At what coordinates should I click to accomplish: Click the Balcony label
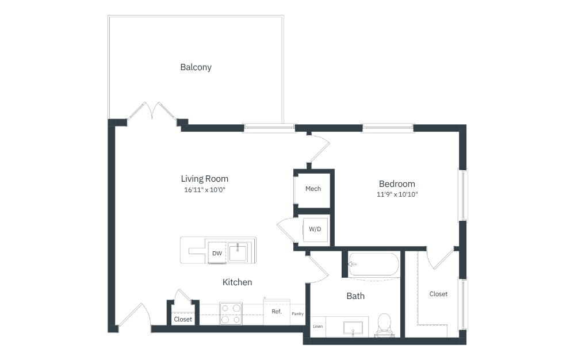click(x=196, y=67)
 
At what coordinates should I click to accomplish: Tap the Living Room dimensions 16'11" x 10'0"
click(x=205, y=190)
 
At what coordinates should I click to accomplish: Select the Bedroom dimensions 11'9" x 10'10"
click(x=397, y=194)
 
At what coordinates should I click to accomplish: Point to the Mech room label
click(x=313, y=189)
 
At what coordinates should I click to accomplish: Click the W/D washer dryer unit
click(x=315, y=229)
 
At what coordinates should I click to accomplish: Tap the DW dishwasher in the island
click(x=217, y=253)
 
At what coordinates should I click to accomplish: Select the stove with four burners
click(x=231, y=313)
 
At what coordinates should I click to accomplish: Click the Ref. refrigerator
click(x=277, y=312)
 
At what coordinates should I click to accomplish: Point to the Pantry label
click(x=297, y=314)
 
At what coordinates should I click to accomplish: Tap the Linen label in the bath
click(x=317, y=326)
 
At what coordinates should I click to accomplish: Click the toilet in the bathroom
click(x=384, y=325)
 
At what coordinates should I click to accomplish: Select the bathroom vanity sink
click(x=353, y=328)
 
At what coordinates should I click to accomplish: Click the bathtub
click(x=373, y=264)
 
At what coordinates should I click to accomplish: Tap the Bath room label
click(x=355, y=296)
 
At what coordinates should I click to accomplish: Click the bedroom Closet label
click(x=438, y=294)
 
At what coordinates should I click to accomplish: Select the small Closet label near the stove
click(x=183, y=319)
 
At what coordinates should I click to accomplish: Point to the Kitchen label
click(x=237, y=282)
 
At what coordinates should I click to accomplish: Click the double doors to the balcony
click(x=152, y=111)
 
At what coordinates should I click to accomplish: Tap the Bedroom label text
click(x=397, y=183)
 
